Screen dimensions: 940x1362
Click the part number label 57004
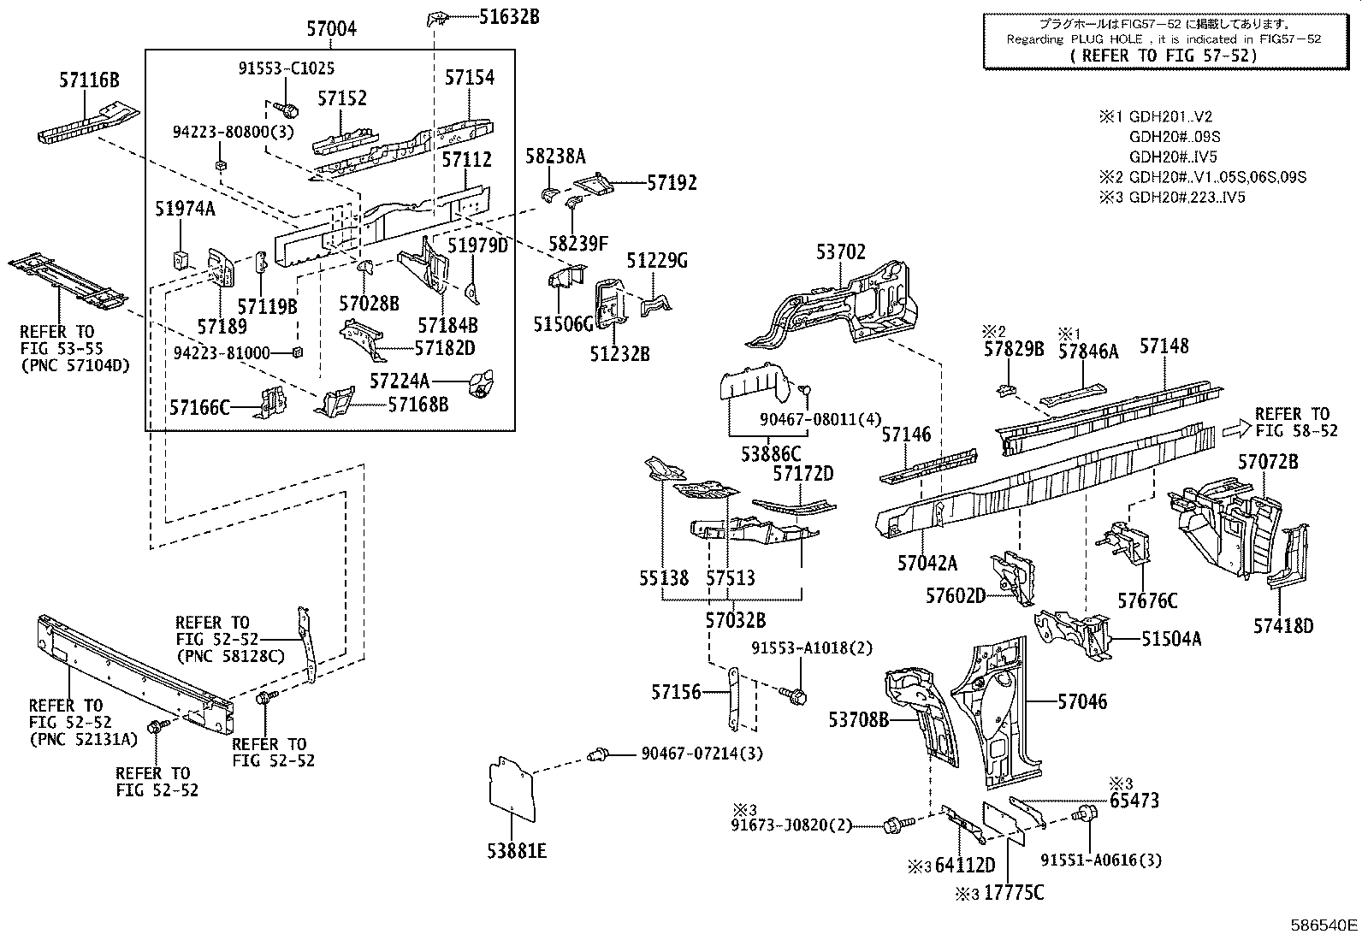(x=331, y=30)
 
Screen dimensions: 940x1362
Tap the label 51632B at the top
(x=509, y=15)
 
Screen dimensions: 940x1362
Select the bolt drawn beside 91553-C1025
(x=288, y=109)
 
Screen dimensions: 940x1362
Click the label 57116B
(x=89, y=81)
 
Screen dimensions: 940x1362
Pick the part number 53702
(x=840, y=252)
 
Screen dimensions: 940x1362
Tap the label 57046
(x=1082, y=702)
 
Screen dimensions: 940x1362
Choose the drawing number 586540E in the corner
(x=1324, y=925)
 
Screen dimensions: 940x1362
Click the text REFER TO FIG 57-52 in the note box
(x=1164, y=55)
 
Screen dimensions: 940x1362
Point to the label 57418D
(x=1282, y=626)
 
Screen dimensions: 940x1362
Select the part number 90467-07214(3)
(x=702, y=754)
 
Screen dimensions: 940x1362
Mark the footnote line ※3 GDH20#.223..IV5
(x=1172, y=198)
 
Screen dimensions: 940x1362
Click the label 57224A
(x=400, y=380)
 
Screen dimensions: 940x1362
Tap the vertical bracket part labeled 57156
(x=733, y=700)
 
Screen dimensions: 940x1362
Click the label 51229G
(x=657, y=261)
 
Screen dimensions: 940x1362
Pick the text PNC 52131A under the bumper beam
(x=82, y=738)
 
